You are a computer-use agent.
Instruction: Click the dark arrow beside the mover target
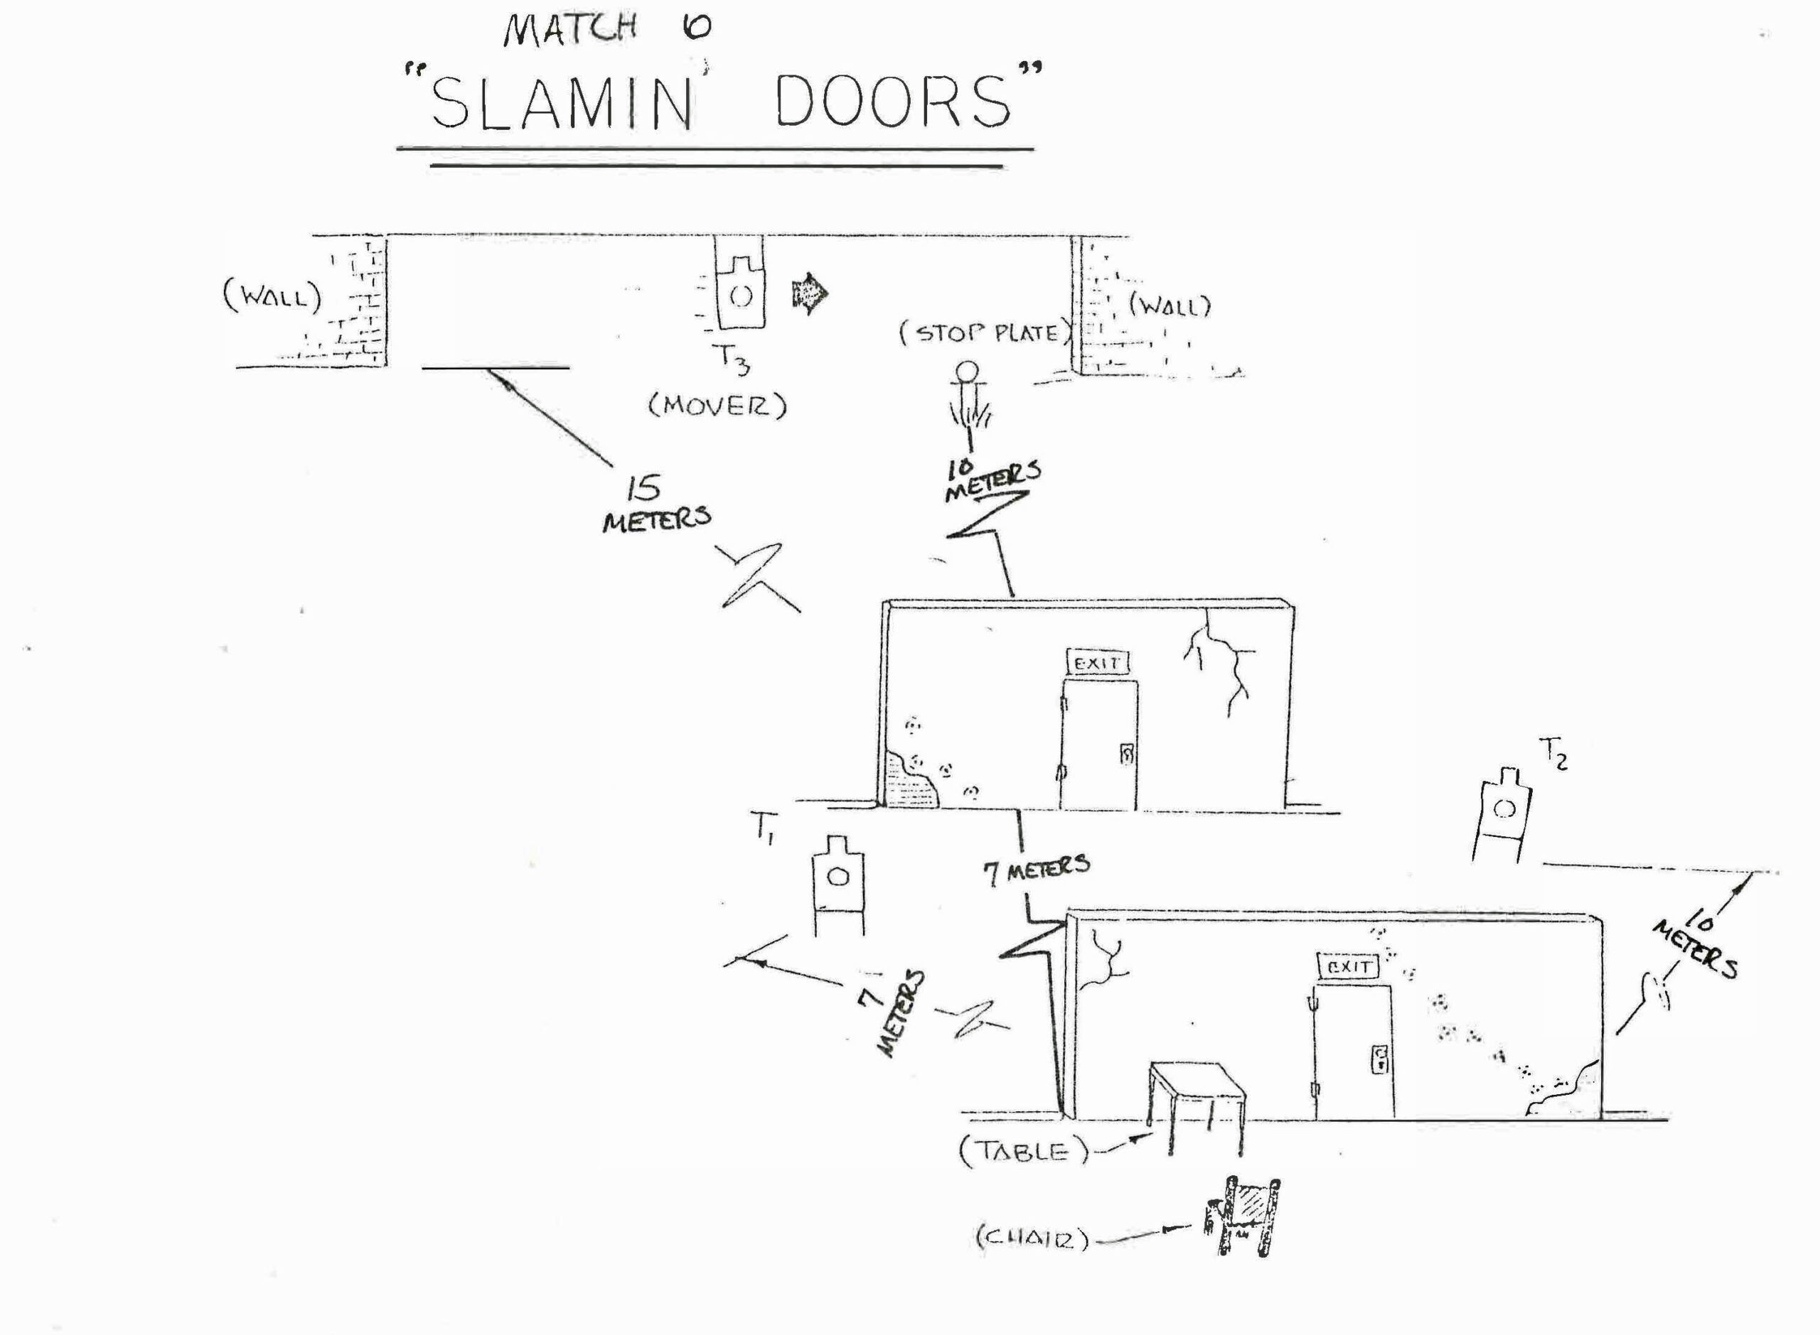(809, 292)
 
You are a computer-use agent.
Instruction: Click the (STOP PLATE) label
(986, 333)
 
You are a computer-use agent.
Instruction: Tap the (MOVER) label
(717, 406)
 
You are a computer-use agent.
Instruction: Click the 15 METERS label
(655, 504)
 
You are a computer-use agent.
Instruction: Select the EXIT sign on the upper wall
(1096, 663)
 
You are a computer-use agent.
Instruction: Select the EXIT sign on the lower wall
(1348, 966)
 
